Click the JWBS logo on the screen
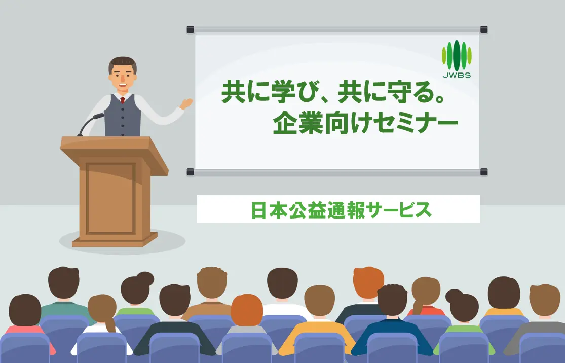[457, 60]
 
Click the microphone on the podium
[97, 117]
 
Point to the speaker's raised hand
[187, 103]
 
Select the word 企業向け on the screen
[316, 123]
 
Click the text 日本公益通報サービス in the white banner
[341, 210]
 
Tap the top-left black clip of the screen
[191, 29]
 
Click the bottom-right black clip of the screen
[483, 172]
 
